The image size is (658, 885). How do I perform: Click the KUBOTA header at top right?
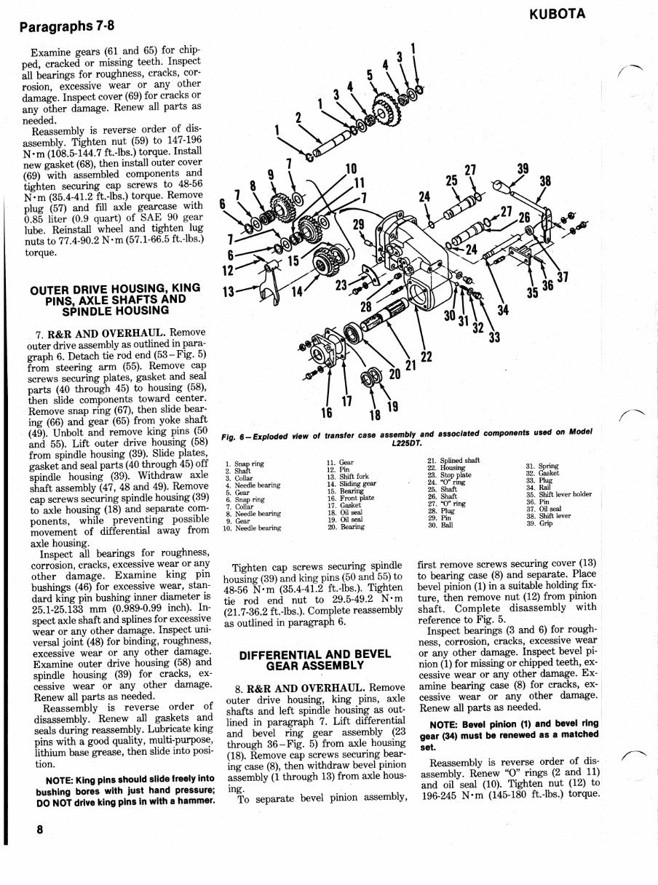coord(557,14)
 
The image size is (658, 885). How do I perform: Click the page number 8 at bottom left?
coord(39,829)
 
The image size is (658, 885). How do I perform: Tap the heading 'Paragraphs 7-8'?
coord(67,26)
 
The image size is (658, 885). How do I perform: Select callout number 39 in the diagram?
coord(523,169)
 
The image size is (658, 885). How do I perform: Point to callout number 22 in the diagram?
coord(426,357)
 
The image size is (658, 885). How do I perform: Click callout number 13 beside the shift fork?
coord(228,291)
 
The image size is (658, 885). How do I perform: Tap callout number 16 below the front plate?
coord(327,412)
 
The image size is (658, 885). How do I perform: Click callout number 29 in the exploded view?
coord(359,225)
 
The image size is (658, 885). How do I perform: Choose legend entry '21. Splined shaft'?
coord(453,461)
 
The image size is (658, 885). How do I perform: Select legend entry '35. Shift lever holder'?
coord(558,495)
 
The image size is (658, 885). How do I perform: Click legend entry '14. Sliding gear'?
coord(352,483)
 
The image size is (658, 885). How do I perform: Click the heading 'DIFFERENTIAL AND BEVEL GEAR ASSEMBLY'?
coord(315,660)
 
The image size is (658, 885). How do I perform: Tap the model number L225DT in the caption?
coord(407,444)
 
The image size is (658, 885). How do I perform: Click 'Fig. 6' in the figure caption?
coord(234,437)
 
